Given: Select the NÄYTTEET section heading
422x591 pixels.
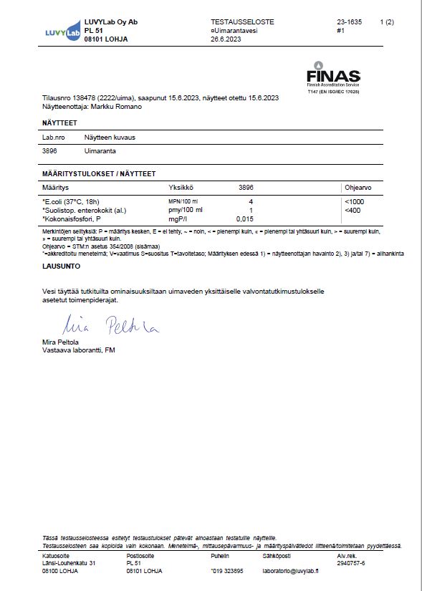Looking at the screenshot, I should tap(59, 123).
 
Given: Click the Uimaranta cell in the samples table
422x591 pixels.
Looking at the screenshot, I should tap(100, 151).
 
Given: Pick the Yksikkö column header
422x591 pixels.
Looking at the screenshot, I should tap(173, 186).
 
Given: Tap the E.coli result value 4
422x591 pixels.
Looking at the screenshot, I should tap(250, 202).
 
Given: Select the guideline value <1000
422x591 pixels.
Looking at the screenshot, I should tap(355, 202).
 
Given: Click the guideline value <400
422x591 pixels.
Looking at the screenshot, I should tap(352, 210).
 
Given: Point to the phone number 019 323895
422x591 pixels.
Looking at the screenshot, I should tap(227, 571).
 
